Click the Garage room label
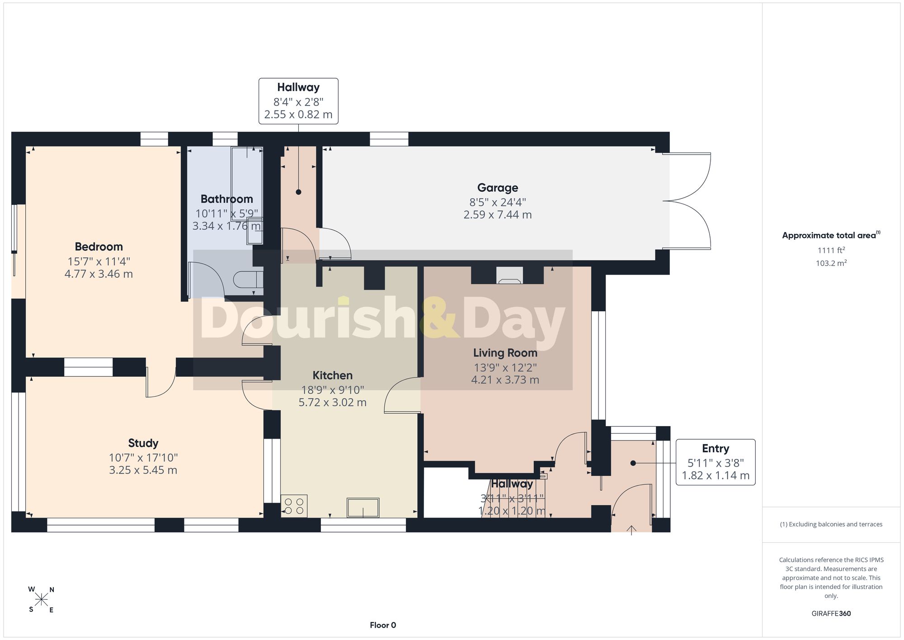[498, 188]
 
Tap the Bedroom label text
[99, 247]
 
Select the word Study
[143, 443]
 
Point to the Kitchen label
[332, 375]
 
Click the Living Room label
[505, 353]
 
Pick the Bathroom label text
[226, 199]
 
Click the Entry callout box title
[715, 449]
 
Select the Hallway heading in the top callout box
[298, 87]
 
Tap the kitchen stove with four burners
[294, 506]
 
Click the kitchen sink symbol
[363, 507]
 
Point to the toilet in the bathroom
[249, 280]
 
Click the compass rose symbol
[41, 600]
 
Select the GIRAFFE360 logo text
[831, 614]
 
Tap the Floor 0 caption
[383, 625]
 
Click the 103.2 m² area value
[831, 263]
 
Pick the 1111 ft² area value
[831, 250]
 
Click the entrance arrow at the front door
[631, 530]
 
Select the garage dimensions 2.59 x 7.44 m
[498, 215]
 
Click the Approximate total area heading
[831, 235]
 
